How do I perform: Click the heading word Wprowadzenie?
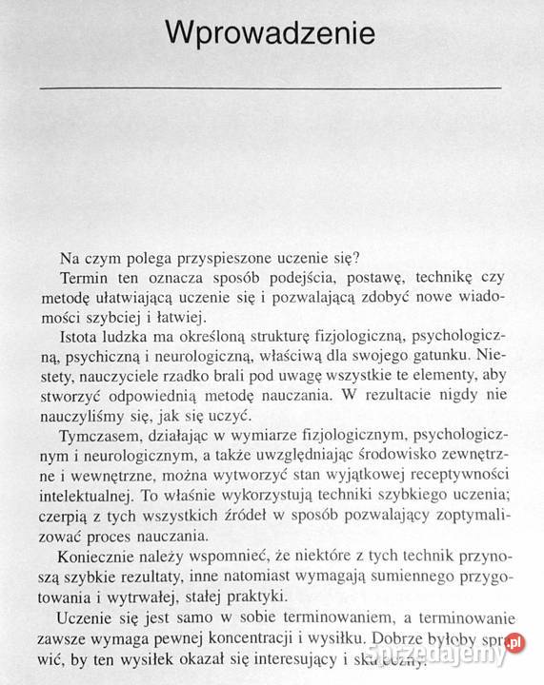(272, 34)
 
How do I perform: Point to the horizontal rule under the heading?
(272, 87)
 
